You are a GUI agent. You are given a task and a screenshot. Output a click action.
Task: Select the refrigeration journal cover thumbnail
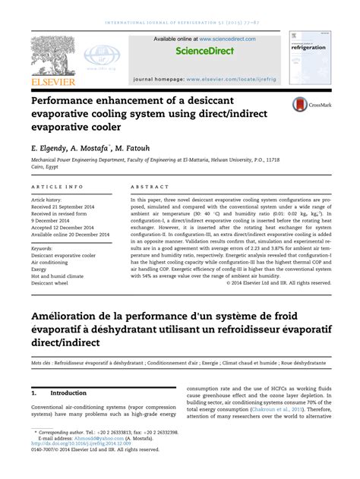310,58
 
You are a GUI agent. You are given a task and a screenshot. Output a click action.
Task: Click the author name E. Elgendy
51,149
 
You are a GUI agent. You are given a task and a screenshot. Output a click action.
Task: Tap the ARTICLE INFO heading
57,186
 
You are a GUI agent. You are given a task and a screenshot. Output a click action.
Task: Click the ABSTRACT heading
149,186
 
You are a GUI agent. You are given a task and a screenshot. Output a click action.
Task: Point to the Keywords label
46,248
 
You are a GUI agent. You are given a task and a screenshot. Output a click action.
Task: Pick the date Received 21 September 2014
66,206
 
